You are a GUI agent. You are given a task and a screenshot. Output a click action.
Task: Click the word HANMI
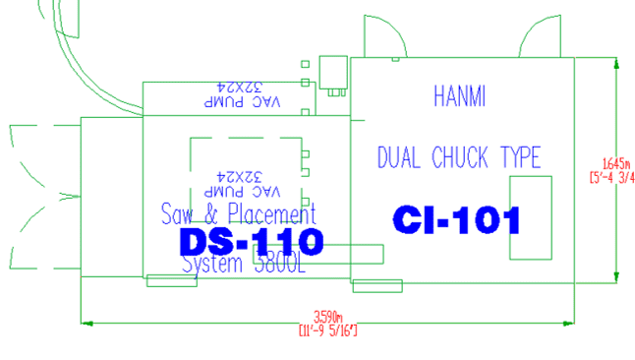pos(460,96)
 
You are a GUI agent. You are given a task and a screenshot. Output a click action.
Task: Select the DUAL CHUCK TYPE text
pos(459,156)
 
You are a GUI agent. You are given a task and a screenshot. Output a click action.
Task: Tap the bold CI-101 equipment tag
pos(456,220)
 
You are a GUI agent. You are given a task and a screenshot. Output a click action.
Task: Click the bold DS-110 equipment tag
pos(252,241)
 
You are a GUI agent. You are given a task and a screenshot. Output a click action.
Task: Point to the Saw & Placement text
pos(239,213)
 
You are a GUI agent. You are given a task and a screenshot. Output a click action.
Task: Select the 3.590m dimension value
pos(327,317)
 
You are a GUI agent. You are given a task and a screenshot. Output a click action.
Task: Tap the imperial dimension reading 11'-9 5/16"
pos(327,330)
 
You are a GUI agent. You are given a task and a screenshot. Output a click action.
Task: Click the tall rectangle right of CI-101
pos(530,218)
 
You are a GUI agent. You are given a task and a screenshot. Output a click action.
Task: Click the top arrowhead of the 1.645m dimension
pos(615,62)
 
